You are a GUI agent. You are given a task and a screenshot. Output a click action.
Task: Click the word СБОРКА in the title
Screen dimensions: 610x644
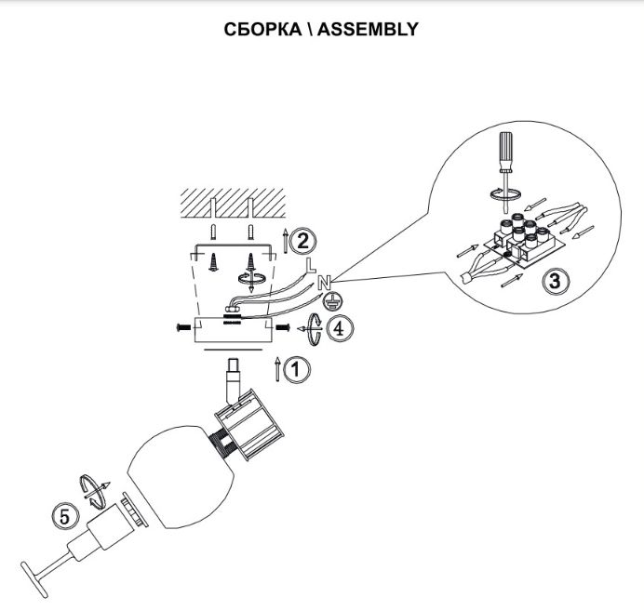pyautogui.click(x=262, y=29)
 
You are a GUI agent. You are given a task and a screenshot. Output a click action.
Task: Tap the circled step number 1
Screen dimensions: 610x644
pyautogui.click(x=297, y=369)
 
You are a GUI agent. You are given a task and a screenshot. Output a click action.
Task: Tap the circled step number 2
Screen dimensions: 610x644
pyautogui.click(x=301, y=241)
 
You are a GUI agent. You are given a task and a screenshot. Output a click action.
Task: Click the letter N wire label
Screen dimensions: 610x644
pyautogui.click(x=324, y=279)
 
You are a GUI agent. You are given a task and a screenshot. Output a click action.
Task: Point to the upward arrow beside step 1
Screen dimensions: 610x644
pyautogui.click(x=278, y=368)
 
